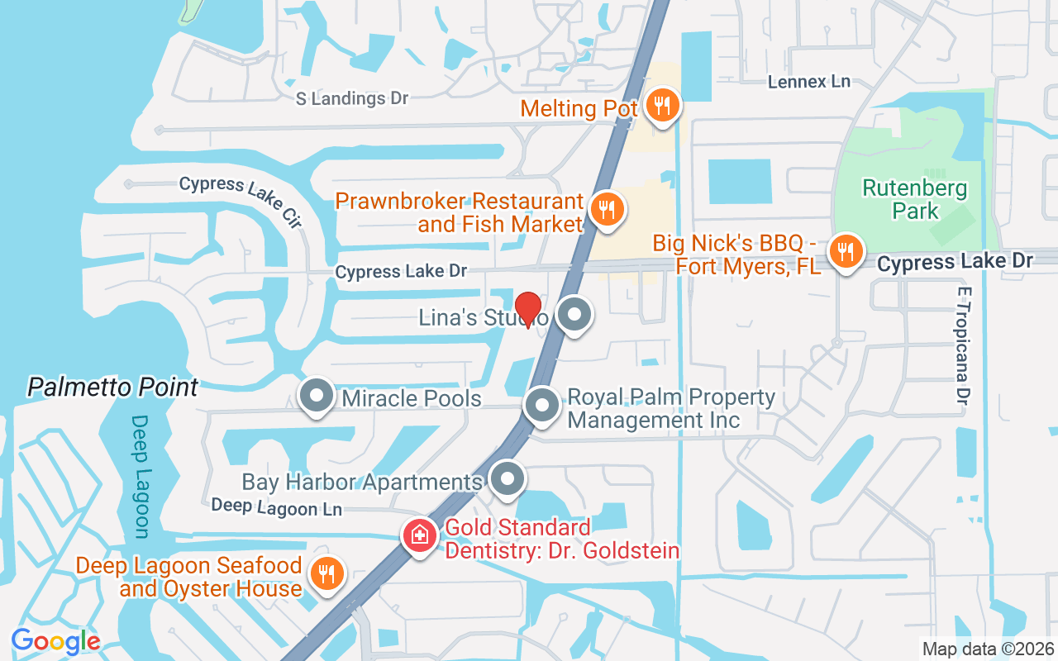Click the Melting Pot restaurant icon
(662, 105)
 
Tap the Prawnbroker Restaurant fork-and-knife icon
(608, 209)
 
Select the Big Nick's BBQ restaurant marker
(845, 250)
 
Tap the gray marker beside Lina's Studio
(574, 315)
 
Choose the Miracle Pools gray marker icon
(316, 397)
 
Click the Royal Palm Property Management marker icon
(542, 406)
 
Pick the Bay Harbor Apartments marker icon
(507, 479)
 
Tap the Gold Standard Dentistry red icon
(419, 535)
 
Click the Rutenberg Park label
(915, 199)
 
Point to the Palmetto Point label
(113, 387)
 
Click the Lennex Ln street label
(808, 82)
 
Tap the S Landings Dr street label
(353, 98)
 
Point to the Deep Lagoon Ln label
(276, 506)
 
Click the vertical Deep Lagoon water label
(141, 476)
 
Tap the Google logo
(55, 640)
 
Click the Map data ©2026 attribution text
(988, 649)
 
